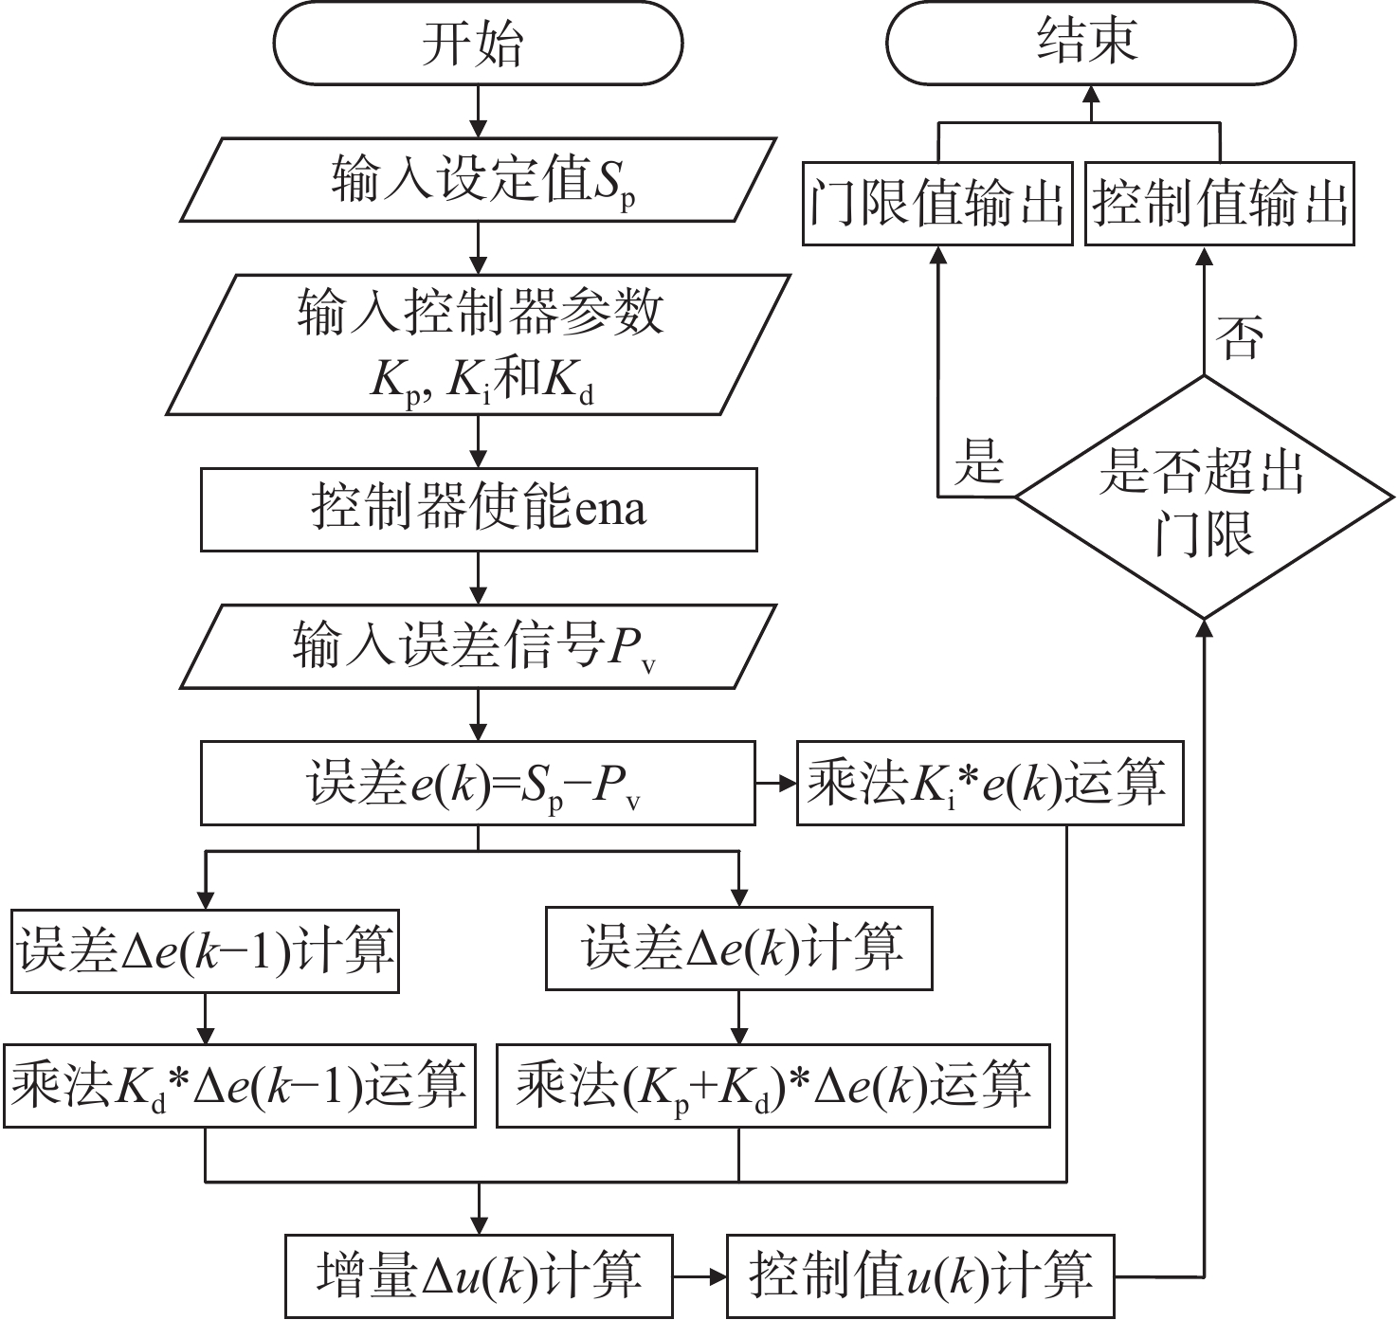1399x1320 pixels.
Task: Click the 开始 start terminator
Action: point(478,45)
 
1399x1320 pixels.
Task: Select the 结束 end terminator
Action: point(1090,45)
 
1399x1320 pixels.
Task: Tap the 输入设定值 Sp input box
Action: point(478,180)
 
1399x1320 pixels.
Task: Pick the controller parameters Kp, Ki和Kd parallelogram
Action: point(478,345)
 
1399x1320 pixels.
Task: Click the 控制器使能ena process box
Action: point(478,509)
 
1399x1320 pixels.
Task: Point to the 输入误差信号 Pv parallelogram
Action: point(478,647)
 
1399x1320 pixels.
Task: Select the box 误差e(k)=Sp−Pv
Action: point(478,784)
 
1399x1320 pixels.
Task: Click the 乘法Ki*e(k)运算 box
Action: point(990,784)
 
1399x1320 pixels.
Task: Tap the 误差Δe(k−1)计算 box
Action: point(205,950)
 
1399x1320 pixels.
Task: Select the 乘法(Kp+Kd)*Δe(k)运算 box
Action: point(773,1085)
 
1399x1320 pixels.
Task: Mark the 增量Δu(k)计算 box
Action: point(480,1275)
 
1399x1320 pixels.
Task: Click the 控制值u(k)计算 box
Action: point(920,1275)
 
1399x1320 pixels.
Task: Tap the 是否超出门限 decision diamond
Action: point(1204,497)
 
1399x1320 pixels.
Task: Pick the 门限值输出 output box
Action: point(937,204)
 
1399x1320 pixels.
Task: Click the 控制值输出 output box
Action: point(1219,204)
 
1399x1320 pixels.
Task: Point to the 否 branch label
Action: point(1241,338)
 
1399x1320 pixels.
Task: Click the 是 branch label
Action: point(979,461)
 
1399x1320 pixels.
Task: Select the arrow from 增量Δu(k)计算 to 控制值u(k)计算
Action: point(699,1276)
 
